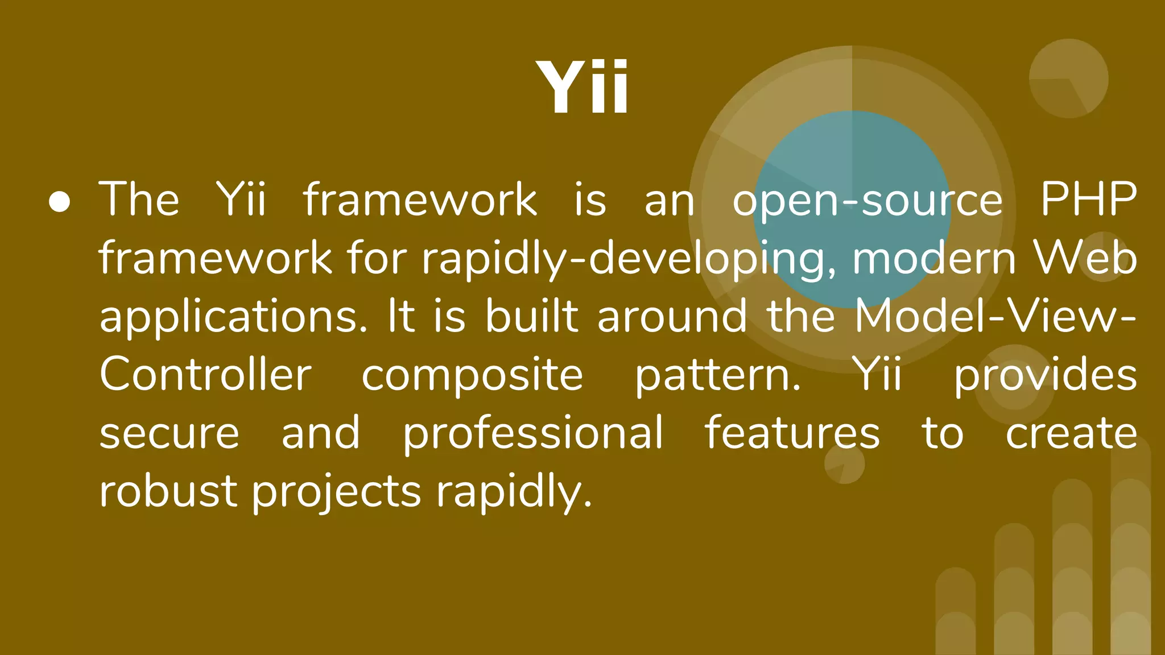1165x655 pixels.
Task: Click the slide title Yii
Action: tap(582, 87)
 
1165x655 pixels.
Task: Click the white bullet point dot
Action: tap(60, 202)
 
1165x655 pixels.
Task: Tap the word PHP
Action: tap(1088, 200)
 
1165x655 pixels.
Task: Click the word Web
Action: tap(1085, 259)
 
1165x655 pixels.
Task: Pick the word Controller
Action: tap(205, 375)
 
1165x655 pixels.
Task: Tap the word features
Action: tap(792, 433)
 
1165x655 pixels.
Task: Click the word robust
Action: tap(168, 491)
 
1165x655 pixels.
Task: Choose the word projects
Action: tap(337, 492)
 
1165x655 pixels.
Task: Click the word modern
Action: tap(933, 259)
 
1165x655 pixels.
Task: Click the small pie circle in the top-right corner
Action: tap(1068, 78)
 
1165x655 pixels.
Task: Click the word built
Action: tap(532, 317)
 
